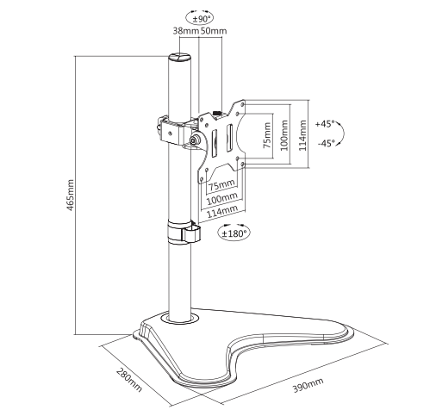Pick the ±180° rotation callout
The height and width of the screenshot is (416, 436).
[x=234, y=232]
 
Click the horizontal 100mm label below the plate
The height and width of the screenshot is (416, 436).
[x=223, y=198]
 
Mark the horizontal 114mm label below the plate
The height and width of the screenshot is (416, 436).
[x=223, y=211]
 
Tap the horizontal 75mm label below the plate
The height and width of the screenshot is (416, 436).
[x=223, y=184]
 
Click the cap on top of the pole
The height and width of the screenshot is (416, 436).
[x=180, y=57]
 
